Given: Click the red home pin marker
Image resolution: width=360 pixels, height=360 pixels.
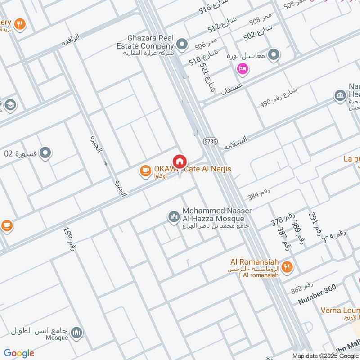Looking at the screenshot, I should [179, 161].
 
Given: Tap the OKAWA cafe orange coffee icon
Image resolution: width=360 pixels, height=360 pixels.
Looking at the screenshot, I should [145, 170].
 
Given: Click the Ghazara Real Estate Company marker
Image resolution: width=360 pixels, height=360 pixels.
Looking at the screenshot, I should [182, 44].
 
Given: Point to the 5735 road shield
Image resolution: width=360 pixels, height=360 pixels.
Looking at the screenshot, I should [209, 140].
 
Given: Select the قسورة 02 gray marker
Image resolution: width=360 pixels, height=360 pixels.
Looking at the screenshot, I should [45, 153].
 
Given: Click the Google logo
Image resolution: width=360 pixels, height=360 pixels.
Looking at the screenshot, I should [19, 353].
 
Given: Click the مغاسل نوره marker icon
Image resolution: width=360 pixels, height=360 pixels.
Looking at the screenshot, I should [273, 55].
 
